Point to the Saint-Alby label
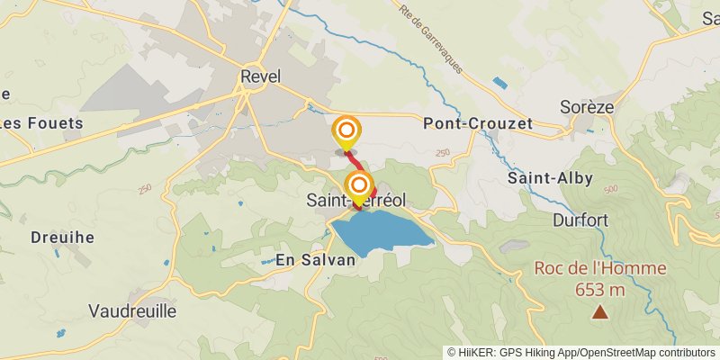click(550, 178)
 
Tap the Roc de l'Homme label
click(600, 268)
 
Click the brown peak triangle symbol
click(599, 312)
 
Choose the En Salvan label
click(315, 259)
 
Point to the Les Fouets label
click(41, 123)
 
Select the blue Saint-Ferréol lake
click(382, 232)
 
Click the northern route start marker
click(346, 131)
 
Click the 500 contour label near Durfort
click(611, 190)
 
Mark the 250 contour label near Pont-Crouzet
click(442, 153)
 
